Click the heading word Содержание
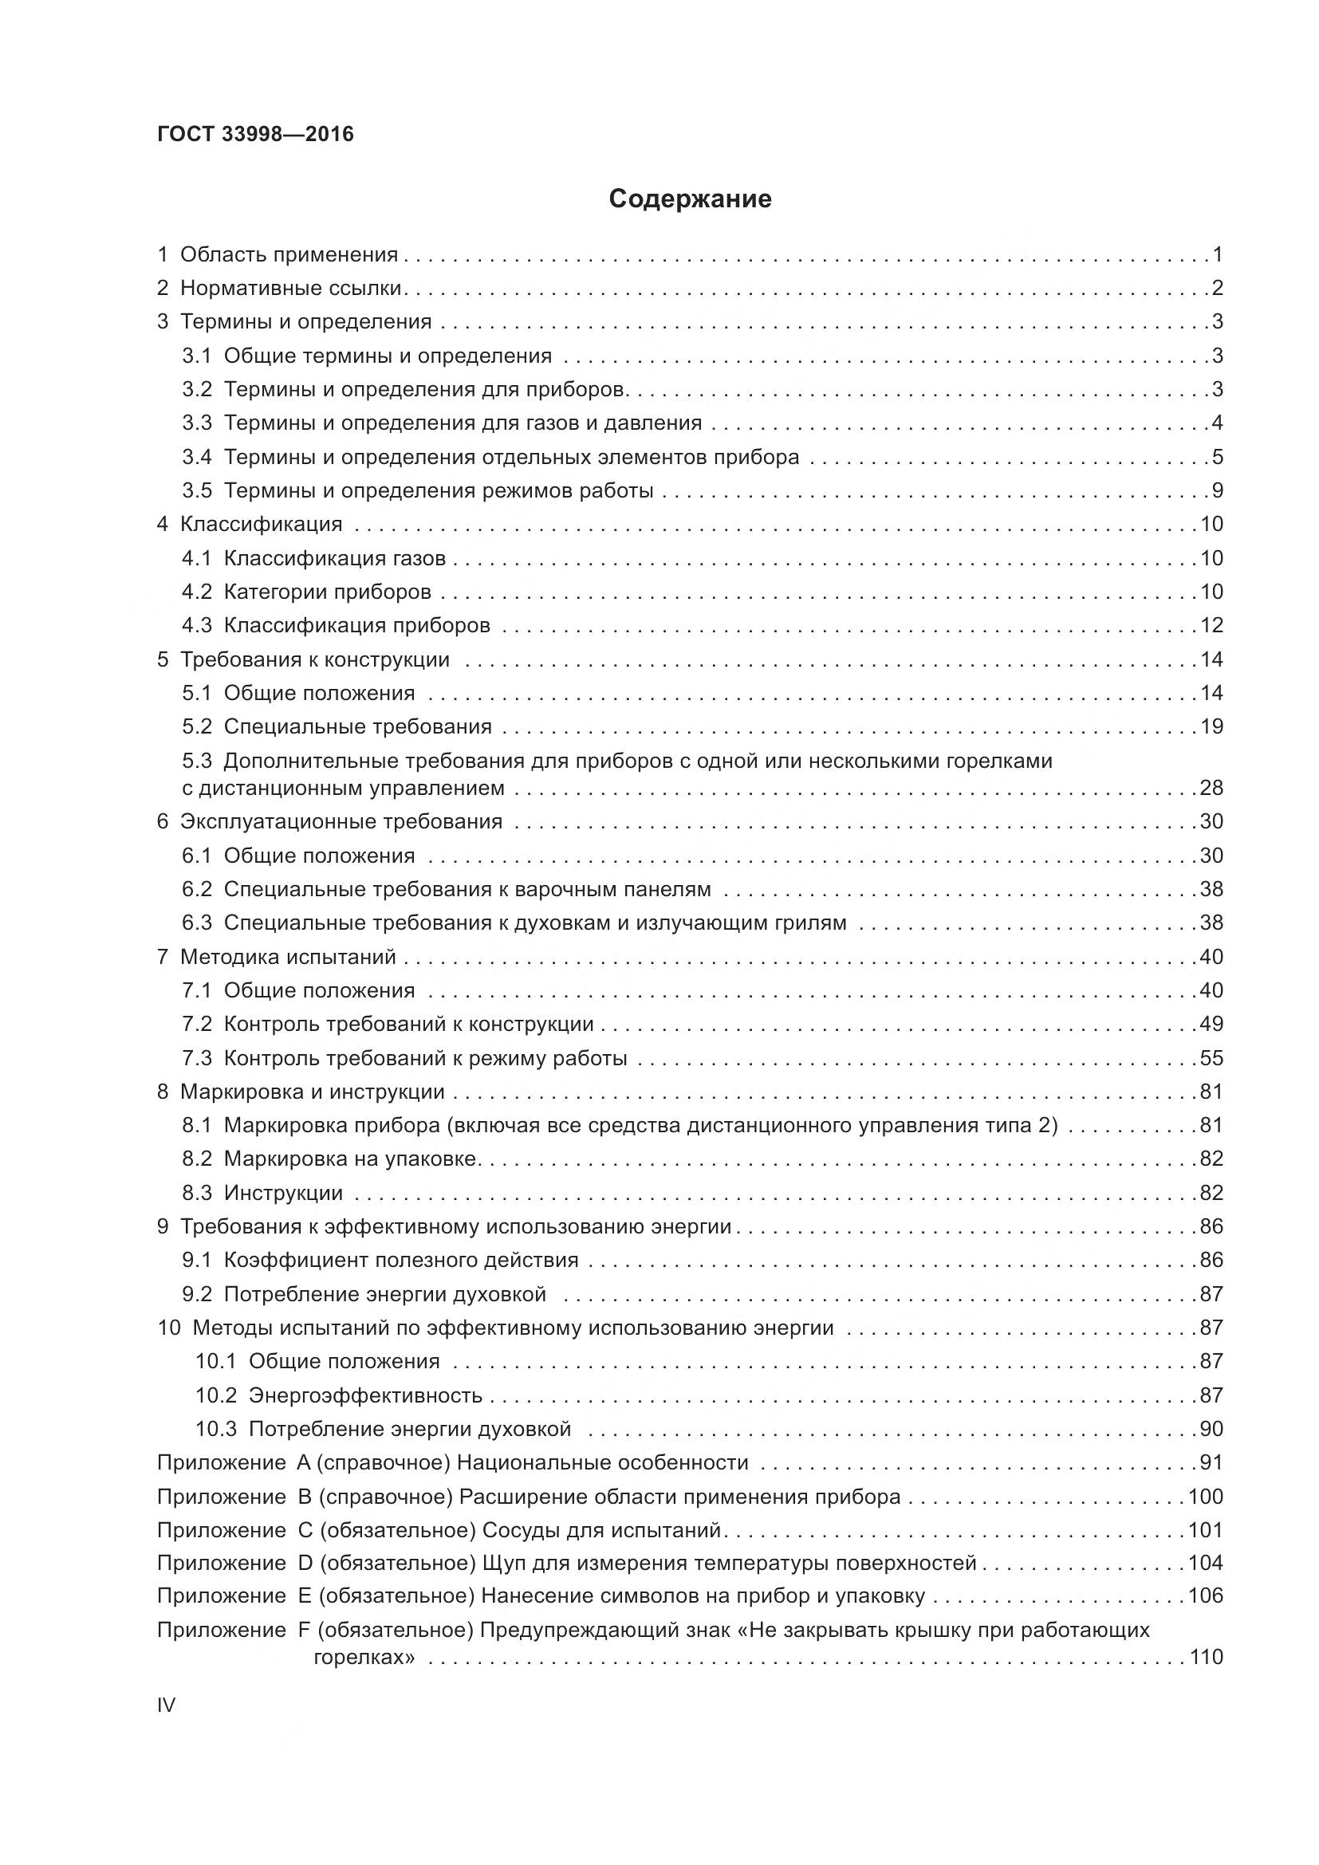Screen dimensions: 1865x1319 coord(690,199)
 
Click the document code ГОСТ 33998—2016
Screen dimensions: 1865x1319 coord(255,134)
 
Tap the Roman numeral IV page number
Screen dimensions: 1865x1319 coord(166,1704)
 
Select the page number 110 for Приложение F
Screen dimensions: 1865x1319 coord(1205,1657)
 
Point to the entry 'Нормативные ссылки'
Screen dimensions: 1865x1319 coord(291,289)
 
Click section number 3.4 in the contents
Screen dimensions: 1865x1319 coord(196,458)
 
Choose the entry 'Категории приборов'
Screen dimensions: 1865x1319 coord(327,592)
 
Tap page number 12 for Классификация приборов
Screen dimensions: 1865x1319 coord(1211,625)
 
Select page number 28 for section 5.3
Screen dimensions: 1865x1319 coord(1211,788)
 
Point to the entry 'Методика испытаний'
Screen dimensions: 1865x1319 coord(288,957)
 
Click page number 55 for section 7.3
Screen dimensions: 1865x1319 coord(1211,1058)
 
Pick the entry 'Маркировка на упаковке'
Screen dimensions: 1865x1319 coord(351,1159)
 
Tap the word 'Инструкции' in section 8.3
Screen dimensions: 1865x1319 coord(283,1194)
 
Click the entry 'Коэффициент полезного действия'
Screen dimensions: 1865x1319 coord(401,1261)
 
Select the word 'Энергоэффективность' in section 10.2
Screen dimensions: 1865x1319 coord(365,1395)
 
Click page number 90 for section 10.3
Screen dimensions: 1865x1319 coord(1211,1429)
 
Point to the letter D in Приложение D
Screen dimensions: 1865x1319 coord(305,1564)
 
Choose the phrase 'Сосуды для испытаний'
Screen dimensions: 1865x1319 coord(601,1530)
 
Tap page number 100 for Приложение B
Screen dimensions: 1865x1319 coord(1205,1497)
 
